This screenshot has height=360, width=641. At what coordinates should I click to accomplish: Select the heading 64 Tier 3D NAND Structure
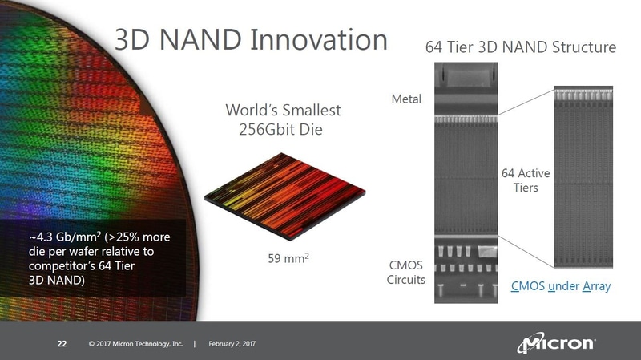[520, 47]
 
